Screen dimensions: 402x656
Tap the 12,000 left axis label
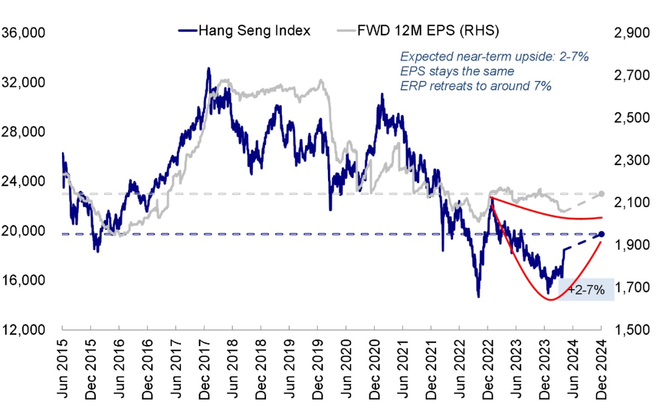pyautogui.click(x=24, y=330)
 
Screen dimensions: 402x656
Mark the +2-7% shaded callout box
pyautogui.click(x=586, y=290)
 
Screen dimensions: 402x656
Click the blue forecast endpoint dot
pyautogui.click(x=601, y=234)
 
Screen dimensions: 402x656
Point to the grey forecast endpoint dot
pyautogui.click(x=601, y=194)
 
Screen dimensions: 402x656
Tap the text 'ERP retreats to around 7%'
pyautogui.click(x=476, y=86)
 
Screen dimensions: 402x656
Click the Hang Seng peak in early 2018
pyautogui.click(x=208, y=69)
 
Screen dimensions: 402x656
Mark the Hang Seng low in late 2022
pyautogui.click(x=479, y=296)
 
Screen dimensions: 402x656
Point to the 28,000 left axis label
pyautogui.click(x=24, y=132)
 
